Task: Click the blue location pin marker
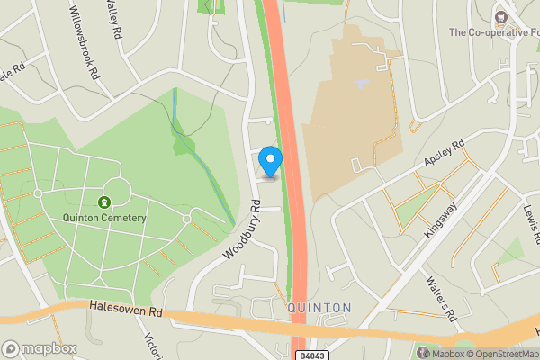pyautogui.click(x=270, y=162)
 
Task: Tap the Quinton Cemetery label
pyautogui.click(x=104, y=217)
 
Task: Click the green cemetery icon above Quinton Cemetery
pyautogui.click(x=104, y=202)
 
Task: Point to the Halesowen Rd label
pyautogui.click(x=125, y=310)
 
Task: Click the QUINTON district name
pyautogui.click(x=319, y=308)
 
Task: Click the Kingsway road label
pyautogui.click(x=440, y=219)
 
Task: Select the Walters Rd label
pyautogui.click(x=439, y=299)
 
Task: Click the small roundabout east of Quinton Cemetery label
pyautogui.click(x=187, y=219)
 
